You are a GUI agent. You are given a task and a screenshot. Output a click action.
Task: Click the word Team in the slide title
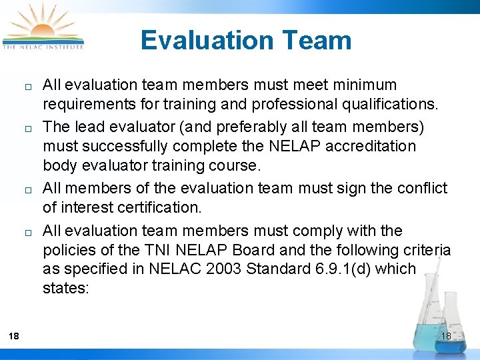click(317, 40)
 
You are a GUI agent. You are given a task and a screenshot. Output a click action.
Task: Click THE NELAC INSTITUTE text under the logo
click(43, 47)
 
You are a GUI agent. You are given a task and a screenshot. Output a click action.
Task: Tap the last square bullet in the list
click(21, 233)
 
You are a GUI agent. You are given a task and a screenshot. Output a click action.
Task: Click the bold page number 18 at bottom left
click(14, 336)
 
